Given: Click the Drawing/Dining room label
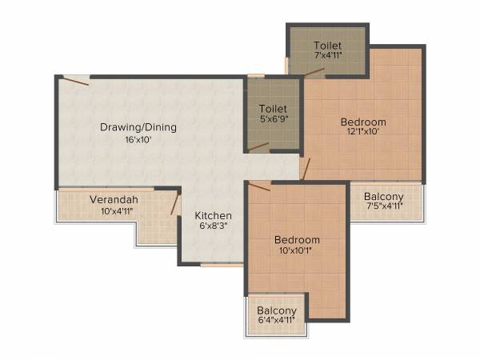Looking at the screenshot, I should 138,127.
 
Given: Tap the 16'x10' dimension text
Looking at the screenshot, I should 138,139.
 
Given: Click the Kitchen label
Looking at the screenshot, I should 214,216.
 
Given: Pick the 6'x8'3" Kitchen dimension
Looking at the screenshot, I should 214,227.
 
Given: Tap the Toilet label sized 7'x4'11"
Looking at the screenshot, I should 328,44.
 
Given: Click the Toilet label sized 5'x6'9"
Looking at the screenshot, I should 273,108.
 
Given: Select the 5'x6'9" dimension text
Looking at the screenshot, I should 273,119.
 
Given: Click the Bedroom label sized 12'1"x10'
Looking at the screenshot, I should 363,122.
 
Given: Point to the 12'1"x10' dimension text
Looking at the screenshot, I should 363,134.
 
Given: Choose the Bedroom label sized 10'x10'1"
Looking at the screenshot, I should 297,240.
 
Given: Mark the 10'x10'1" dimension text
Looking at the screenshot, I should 297,251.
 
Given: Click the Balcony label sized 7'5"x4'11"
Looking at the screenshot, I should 384,197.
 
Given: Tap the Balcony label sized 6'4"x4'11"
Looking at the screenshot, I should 277,310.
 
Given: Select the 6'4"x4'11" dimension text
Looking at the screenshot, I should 277,321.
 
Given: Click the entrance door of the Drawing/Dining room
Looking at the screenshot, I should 76,80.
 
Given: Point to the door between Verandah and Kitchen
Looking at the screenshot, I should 174,204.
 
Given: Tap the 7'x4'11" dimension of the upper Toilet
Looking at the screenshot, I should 328,55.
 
